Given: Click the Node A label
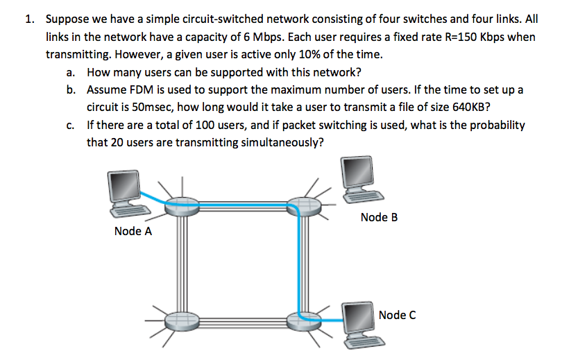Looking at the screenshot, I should tap(133, 232).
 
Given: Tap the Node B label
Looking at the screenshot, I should tap(380, 217).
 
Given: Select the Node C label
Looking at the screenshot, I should tap(398, 315).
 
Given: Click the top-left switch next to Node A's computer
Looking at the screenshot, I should tap(180, 203).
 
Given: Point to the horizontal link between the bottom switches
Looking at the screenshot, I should tap(242, 320).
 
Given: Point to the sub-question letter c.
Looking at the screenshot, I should tap(71, 126).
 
